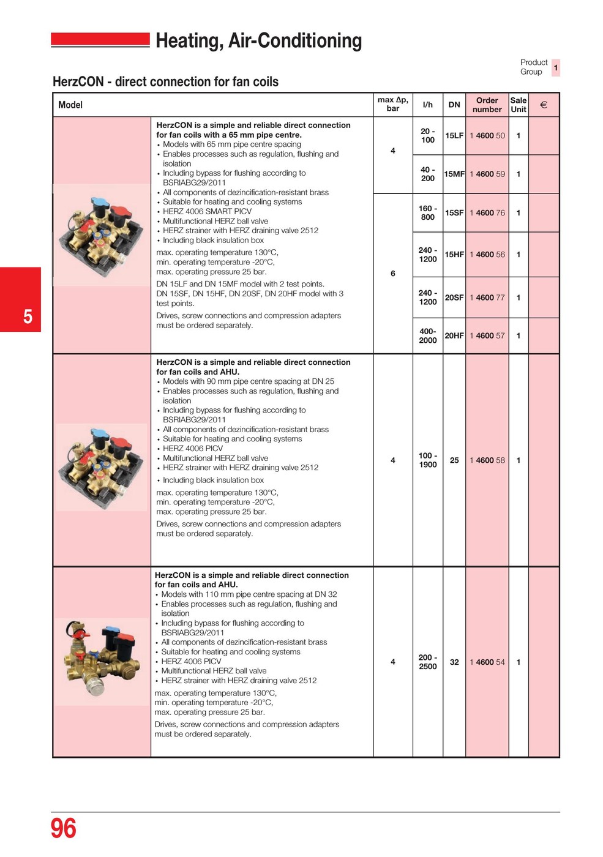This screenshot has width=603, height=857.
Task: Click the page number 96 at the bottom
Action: tap(63, 829)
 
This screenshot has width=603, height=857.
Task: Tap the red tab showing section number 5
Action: tap(21, 300)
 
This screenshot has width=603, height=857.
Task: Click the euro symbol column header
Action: tap(543, 105)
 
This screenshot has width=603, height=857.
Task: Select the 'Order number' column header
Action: tap(487, 105)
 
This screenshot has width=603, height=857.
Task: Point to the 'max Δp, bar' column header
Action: tap(392, 105)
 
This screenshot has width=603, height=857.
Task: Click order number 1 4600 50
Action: tap(487, 136)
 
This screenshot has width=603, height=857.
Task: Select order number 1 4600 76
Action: tap(487, 213)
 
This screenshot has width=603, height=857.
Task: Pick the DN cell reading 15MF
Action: tap(454, 174)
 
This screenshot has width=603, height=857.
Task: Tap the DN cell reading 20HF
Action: tap(454, 336)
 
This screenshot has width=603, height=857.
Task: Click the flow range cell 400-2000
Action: tap(427, 336)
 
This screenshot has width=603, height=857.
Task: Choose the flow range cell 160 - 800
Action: tap(427, 213)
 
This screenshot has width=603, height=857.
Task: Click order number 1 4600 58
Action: tap(487, 460)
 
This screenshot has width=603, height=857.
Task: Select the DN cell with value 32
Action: tap(454, 662)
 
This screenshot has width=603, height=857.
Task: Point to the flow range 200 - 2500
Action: tap(427, 662)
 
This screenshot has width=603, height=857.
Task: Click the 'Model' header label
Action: tap(70, 105)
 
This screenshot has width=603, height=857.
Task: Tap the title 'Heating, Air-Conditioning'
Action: tap(258, 41)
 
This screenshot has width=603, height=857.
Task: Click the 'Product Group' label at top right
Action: tap(533, 67)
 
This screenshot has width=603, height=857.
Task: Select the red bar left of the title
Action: tap(100, 40)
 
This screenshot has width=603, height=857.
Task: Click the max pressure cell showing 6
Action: tap(392, 274)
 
